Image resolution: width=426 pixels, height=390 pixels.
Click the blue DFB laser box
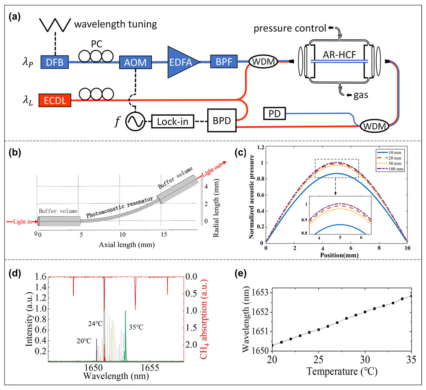coord(54,62)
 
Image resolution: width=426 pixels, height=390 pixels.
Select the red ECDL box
coord(55,100)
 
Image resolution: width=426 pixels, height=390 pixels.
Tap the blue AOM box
coord(135,62)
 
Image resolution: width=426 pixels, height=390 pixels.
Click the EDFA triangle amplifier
coord(181,62)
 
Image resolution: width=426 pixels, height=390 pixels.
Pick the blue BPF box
coord(224,62)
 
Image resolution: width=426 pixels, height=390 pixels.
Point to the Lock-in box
coord(172,122)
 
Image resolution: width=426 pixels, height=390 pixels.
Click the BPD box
coord(222,121)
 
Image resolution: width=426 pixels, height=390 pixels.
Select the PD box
coord(274,113)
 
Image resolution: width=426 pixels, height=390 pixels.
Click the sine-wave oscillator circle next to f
coord(135,122)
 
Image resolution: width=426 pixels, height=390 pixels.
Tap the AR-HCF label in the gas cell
coord(339,55)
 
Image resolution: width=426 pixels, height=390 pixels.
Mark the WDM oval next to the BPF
coord(263,62)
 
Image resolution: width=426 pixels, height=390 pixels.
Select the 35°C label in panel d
coord(136,327)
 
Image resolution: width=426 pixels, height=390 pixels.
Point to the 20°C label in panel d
coord(84,341)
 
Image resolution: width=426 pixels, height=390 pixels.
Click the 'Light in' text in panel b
coord(22,222)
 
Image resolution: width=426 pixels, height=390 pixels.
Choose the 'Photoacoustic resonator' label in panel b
coord(120,207)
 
